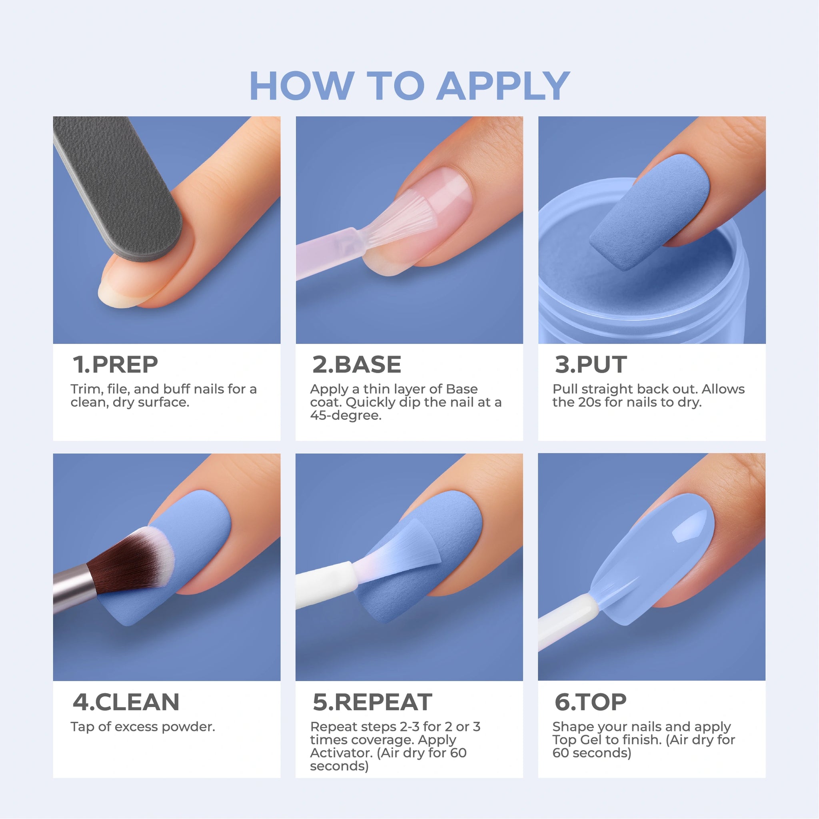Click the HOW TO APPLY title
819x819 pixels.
coord(409,86)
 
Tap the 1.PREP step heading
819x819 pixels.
coord(115,365)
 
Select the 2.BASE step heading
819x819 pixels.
coord(356,365)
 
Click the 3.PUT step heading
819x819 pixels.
coord(591,365)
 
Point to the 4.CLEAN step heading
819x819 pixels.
coord(126,702)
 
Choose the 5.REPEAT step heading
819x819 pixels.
coord(372,702)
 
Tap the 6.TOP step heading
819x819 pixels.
coord(591,702)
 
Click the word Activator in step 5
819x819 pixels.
coord(342,753)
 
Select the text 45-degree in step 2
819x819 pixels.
coord(346,415)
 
